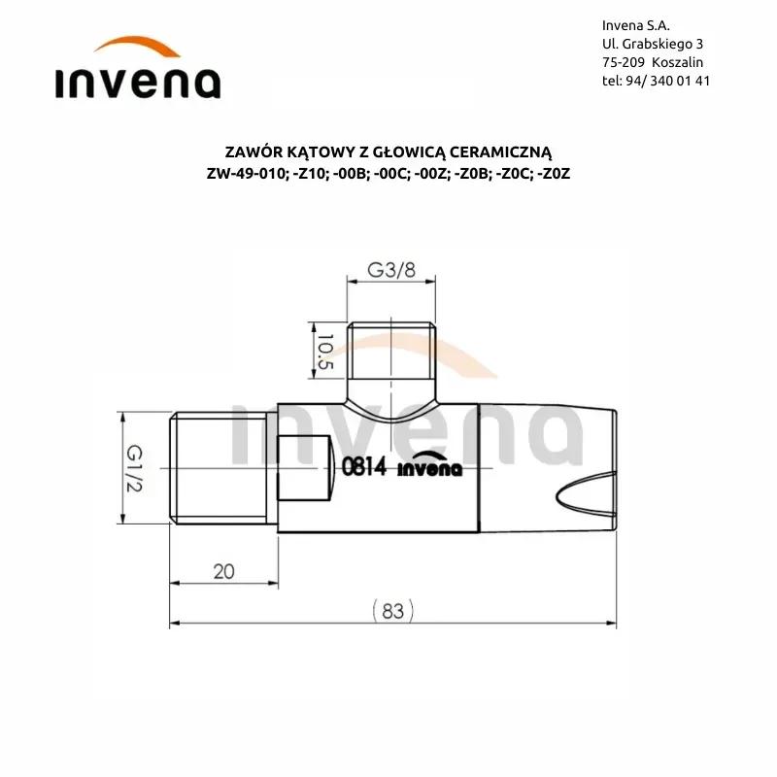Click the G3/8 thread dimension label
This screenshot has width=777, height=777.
[391, 270]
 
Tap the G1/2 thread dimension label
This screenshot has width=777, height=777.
[134, 468]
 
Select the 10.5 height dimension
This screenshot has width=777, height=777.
[324, 352]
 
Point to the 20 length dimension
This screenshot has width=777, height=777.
[223, 572]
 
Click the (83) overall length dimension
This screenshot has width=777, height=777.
[392, 611]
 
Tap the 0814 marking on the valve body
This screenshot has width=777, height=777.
[363, 466]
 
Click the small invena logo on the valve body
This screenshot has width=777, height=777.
[429, 465]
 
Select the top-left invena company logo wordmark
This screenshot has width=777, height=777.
[138, 83]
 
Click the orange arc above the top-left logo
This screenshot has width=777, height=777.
[137, 43]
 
